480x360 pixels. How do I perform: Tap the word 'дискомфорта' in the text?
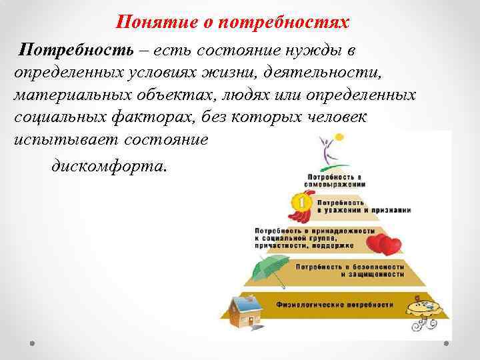106,165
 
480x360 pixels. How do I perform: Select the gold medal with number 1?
301,201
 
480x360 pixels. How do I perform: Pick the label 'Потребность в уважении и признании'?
364,205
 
